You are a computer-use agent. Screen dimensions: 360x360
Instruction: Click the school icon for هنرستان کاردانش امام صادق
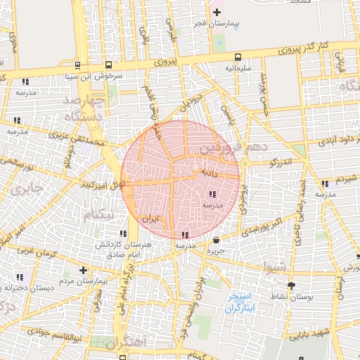click(123, 233)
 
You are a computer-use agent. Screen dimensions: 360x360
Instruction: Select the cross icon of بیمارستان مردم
click(84, 270)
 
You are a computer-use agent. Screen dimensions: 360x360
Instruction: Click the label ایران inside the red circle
click(151, 219)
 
